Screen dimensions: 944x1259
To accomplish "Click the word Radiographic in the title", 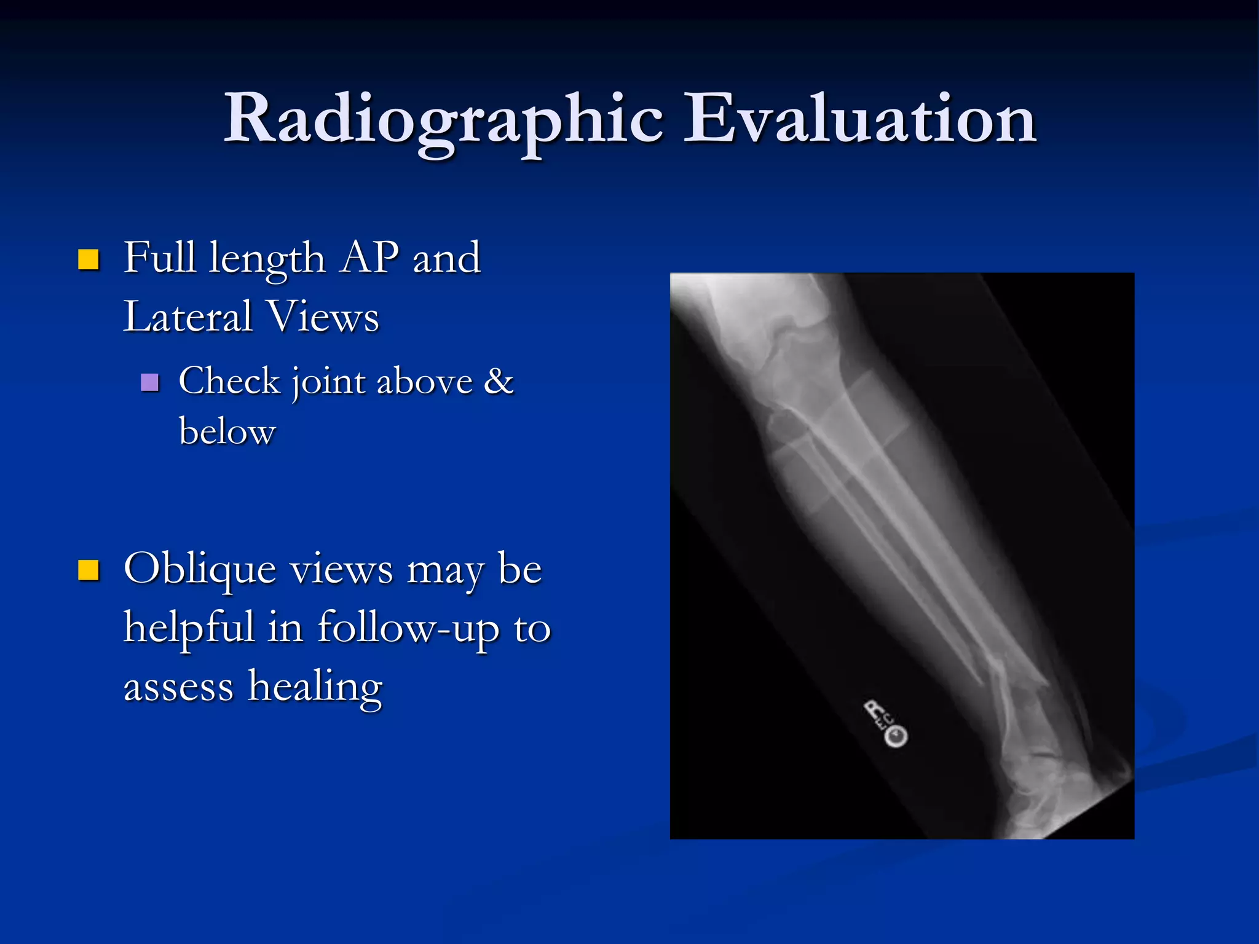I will point(443,120).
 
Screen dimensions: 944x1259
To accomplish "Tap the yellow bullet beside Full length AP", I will point(89,260).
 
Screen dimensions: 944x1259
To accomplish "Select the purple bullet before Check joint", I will point(149,383).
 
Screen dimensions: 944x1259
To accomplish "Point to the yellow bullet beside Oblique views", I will point(89,570).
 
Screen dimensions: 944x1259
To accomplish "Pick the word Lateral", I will point(187,317).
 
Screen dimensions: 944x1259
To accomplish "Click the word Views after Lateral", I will point(323,317).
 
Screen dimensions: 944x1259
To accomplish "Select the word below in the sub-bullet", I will point(227,431).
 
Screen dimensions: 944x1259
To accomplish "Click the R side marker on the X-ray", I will point(874,710).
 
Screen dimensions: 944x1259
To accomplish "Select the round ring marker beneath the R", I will point(896,736).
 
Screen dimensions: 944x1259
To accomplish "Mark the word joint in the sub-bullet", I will point(328,382).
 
